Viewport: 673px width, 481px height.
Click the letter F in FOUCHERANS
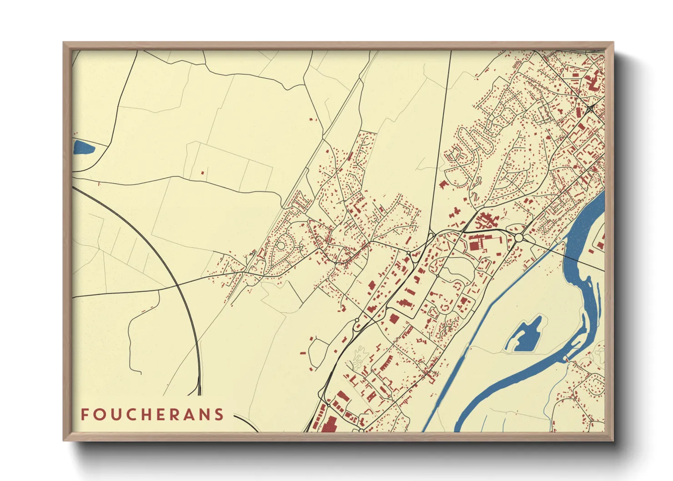pyautogui.click(x=85, y=415)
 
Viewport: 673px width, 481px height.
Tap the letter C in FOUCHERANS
pyautogui.click(x=129, y=415)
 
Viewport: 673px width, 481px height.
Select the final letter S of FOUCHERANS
pyautogui.click(x=220, y=415)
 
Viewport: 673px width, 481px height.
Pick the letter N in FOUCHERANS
pyautogui.click(x=204, y=415)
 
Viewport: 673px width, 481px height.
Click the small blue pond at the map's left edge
pyautogui.click(x=83, y=147)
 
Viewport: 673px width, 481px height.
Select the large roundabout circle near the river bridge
pyautogui.click(x=518, y=238)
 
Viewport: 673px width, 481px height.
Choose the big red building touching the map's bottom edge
pyautogui.click(x=329, y=425)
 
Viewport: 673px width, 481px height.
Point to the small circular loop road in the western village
pyautogui.click(x=281, y=246)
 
